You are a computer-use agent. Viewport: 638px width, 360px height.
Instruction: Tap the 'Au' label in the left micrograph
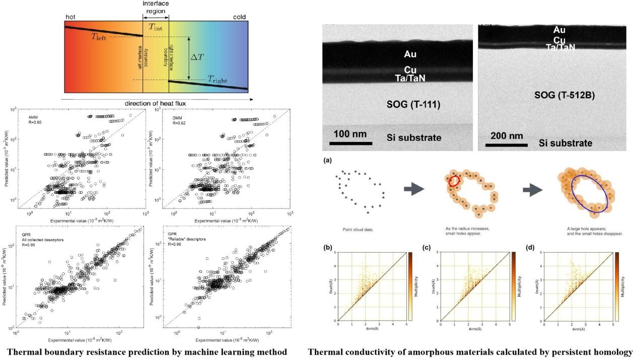click(x=410, y=54)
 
